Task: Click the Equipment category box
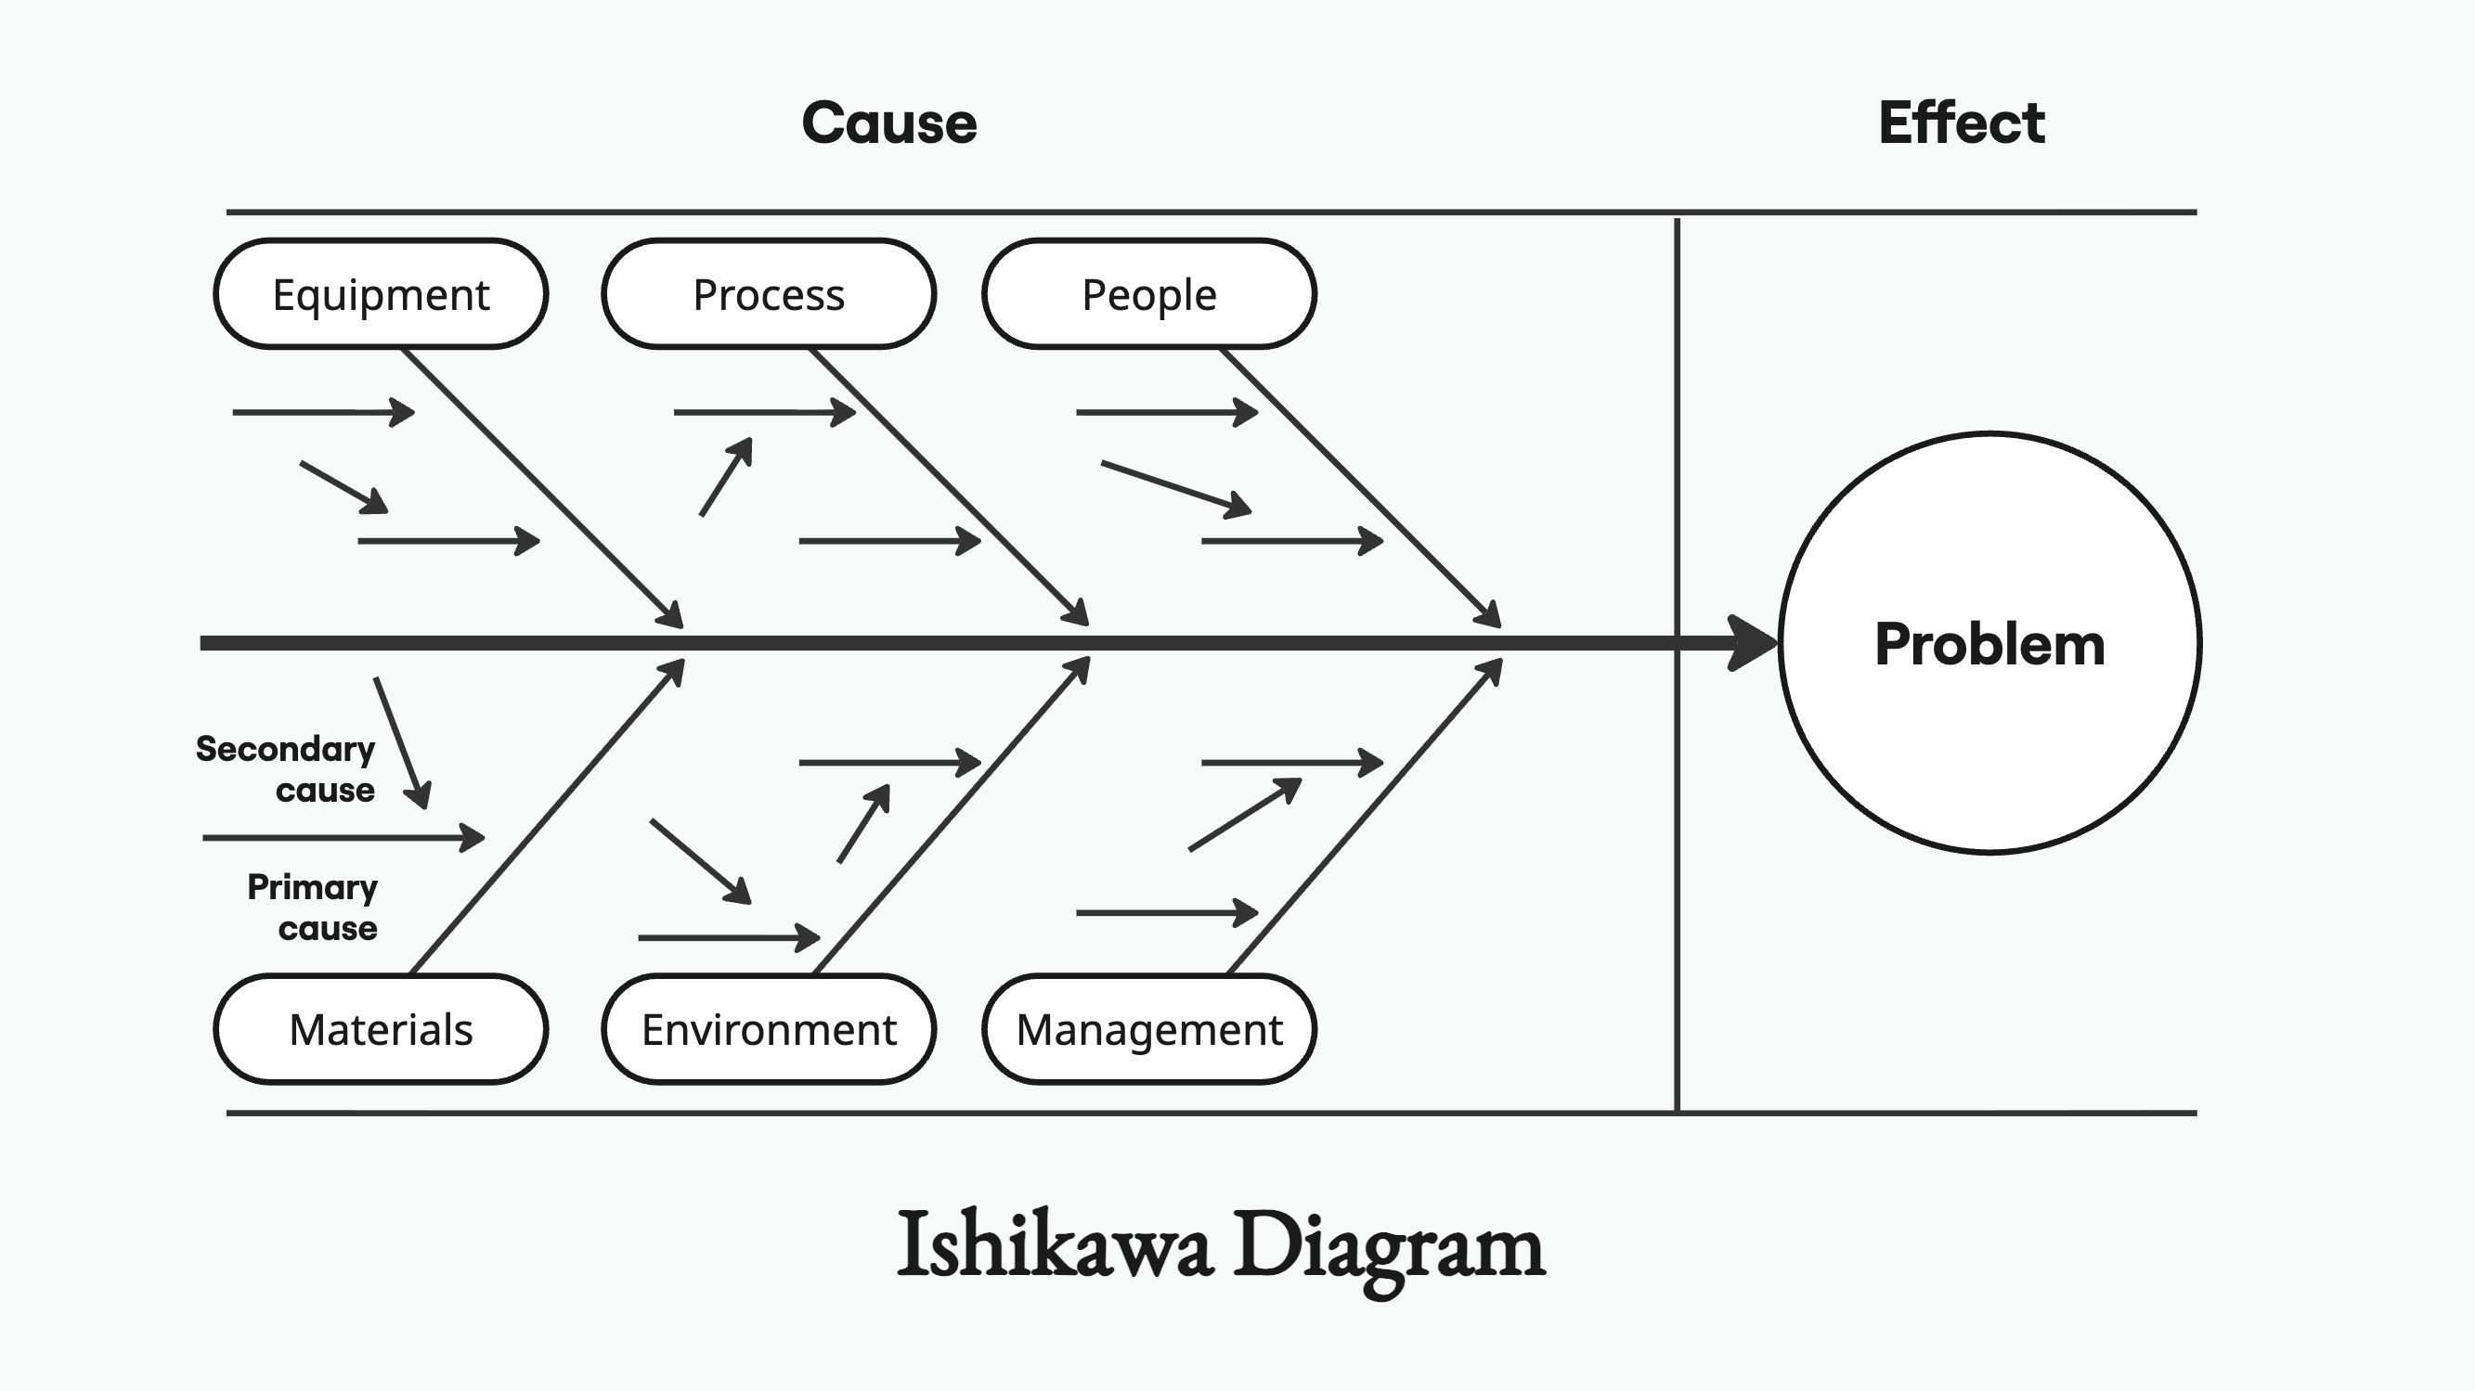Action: tap(381, 294)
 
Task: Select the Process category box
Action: tap(769, 294)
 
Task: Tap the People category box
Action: tap(1149, 294)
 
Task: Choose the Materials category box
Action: tap(381, 1029)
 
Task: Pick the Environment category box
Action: tap(769, 1029)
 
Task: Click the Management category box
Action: tap(1149, 1029)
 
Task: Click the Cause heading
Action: tap(888, 123)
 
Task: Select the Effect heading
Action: tap(1961, 123)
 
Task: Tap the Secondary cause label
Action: tap(286, 768)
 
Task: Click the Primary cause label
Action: tap(313, 907)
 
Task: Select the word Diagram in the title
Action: tap(1390, 1246)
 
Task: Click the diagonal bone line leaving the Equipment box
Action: tap(538, 485)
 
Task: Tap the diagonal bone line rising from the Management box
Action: tap(1365, 817)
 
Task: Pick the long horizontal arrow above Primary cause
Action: tap(342, 838)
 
